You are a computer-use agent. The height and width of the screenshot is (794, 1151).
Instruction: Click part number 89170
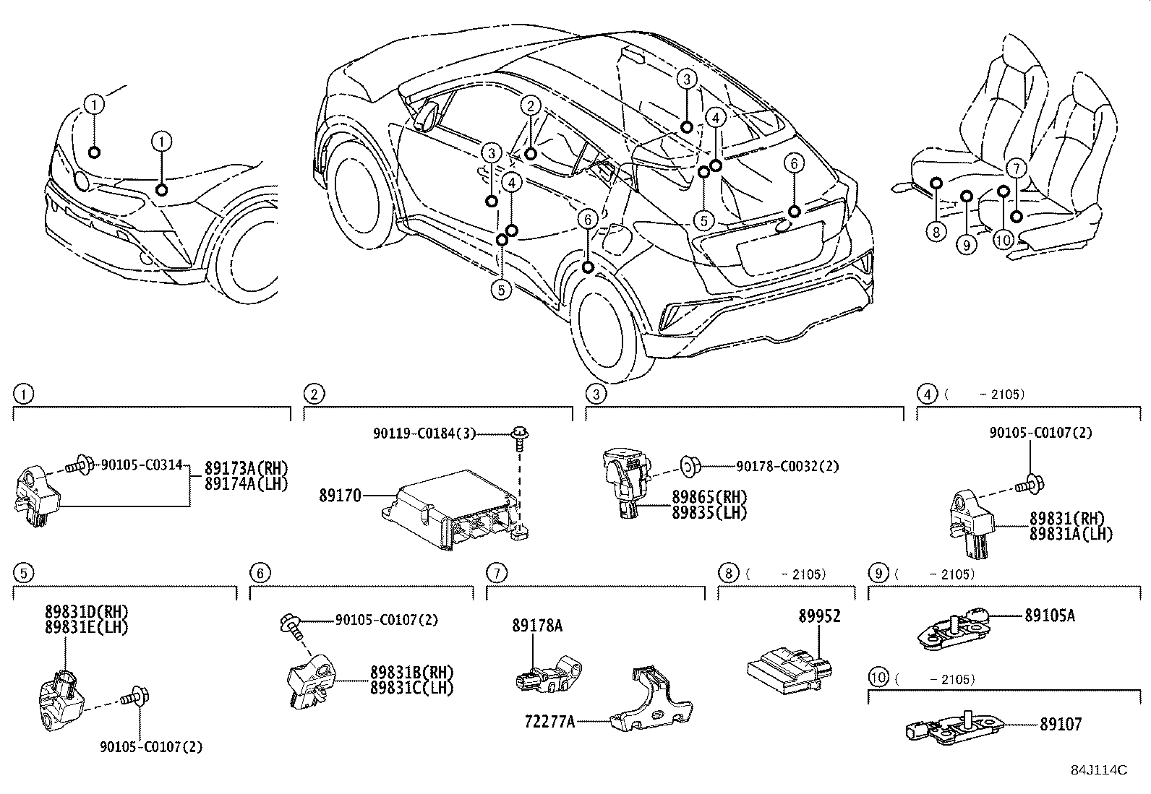point(340,496)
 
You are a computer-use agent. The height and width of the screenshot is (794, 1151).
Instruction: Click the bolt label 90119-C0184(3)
point(425,433)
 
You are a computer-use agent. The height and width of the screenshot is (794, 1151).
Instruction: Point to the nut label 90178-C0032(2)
point(787,467)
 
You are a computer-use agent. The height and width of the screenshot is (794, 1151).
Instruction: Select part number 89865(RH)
point(709,497)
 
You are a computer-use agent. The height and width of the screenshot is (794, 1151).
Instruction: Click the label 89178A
point(537,626)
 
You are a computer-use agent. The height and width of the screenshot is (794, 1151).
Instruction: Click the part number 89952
point(819,616)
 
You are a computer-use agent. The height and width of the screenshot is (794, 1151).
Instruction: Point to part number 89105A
point(1049,616)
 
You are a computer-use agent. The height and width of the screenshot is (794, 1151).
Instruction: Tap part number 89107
point(1061,724)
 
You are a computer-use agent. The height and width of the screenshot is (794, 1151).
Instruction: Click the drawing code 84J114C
point(1099,770)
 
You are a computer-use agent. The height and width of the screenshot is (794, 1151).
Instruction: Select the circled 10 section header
point(878,678)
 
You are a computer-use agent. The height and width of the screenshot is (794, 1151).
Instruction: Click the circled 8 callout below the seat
point(936,231)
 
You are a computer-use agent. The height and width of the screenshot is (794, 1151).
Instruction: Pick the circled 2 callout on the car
point(530,106)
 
